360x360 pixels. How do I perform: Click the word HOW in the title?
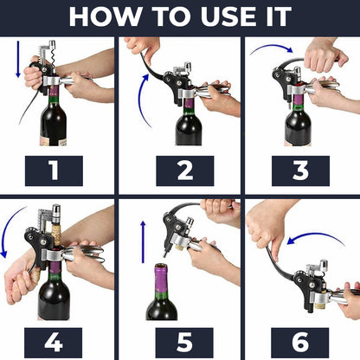103,16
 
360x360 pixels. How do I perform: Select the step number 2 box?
184,170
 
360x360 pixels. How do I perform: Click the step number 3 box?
300,170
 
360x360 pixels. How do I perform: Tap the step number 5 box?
184,339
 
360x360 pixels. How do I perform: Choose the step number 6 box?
300,339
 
